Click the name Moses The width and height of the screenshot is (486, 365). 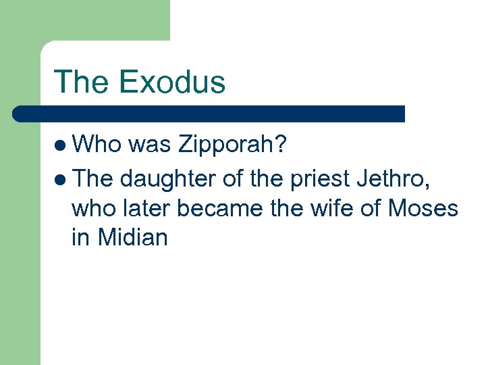tap(423, 208)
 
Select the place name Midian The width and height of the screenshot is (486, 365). tap(132, 238)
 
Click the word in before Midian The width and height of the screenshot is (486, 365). tap(80, 238)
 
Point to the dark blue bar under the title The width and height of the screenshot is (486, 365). tap(209, 114)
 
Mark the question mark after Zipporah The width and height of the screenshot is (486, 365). tap(281, 145)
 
